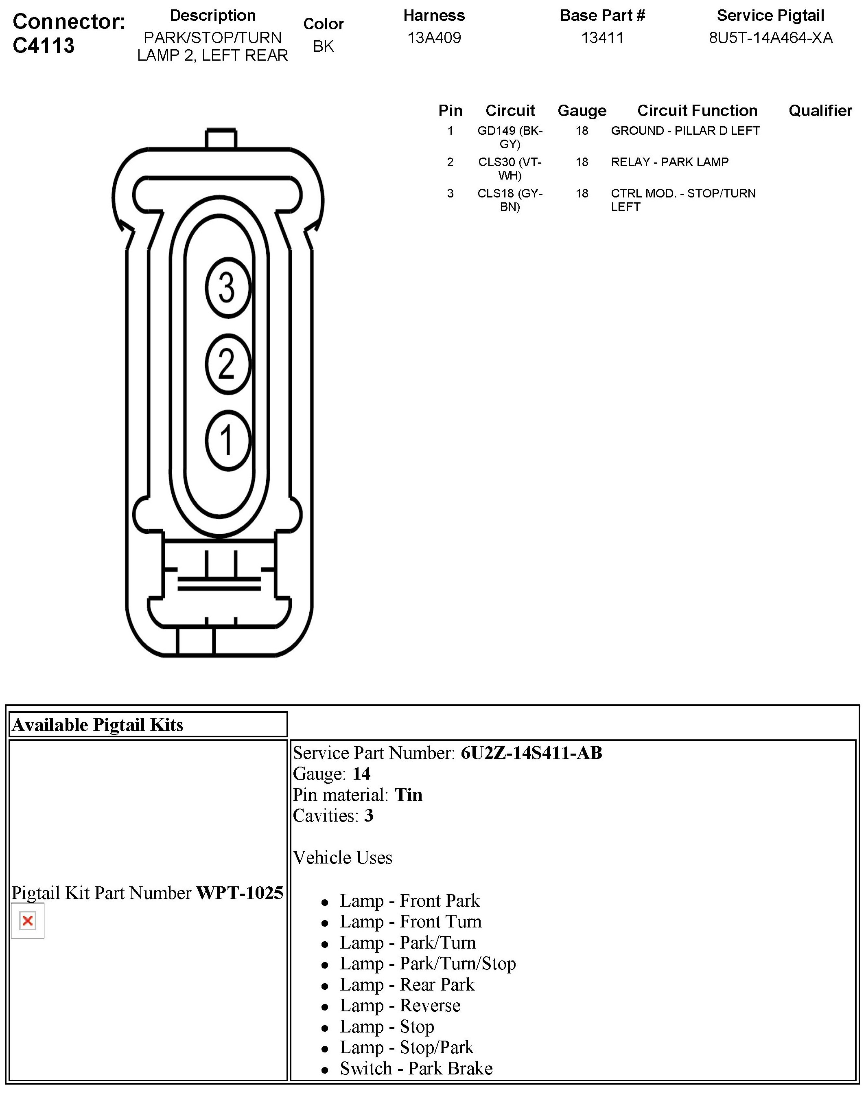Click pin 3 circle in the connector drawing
pyautogui.click(x=227, y=287)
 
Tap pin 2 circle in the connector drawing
pyautogui.click(x=227, y=364)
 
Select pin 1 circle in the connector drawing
pyautogui.click(x=227, y=440)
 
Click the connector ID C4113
pyautogui.click(x=44, y=46)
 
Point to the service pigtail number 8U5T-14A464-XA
pyautogui.click(x=770, y=38)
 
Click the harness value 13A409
pyautogui.click(x=434, y=38)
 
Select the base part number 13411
pyautogui.click(x=602, y=38)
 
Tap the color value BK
pyautogui.click(x=324, y=46)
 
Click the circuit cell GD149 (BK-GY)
pyautogui.click(x=510, y=137)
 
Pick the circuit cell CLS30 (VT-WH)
pyautogui.click(x=510, y=169)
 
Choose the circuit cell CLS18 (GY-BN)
pyautogui.click(x=510, y=200)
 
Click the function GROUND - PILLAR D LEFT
pyautogui.click(x=685, y=131)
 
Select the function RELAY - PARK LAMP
pyautogui.click(x=669, y=162)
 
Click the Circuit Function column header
pyautogui.click(x=697, y=111)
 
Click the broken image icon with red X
pyautogui.click(x=28, y=921)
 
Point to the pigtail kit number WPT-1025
pyautogui.click(x=239, y=892)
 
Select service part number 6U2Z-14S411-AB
pyautogui.click(x=531, y=753)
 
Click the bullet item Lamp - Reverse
pyautogui.click(x=400, y=1005)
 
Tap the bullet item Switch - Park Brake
pyautogui.click(x=416, y=1068)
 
